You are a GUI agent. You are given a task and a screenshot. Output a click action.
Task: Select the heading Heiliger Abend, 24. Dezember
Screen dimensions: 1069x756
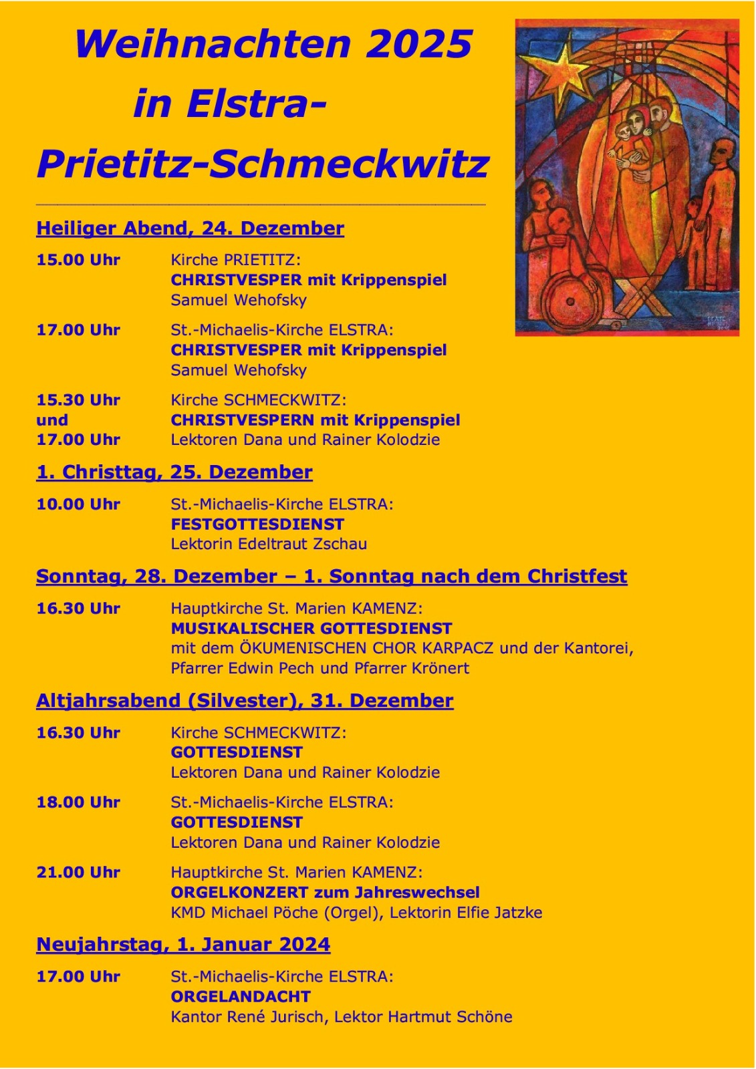[x=190, y=228]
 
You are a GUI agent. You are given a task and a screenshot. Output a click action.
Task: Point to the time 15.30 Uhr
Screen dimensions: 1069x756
[x=78, y=400]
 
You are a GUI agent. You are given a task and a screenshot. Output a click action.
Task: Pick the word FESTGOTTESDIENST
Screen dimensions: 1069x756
[x=257, y=524]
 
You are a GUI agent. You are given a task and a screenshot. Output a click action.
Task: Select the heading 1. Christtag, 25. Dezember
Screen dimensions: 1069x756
[x=174, y=472]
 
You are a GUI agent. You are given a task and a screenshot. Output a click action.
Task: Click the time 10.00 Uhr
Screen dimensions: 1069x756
[x=78, y=504]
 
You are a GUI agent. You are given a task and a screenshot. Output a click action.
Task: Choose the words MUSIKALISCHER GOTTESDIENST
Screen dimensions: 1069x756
[x=311, y=629]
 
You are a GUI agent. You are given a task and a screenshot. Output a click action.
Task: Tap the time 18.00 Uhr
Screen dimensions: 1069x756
[x=78, y=802]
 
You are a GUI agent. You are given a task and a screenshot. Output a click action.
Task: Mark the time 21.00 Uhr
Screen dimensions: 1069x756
[x=78, y=873]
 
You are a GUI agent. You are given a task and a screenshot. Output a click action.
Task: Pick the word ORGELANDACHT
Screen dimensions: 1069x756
[x=241, y=997]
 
